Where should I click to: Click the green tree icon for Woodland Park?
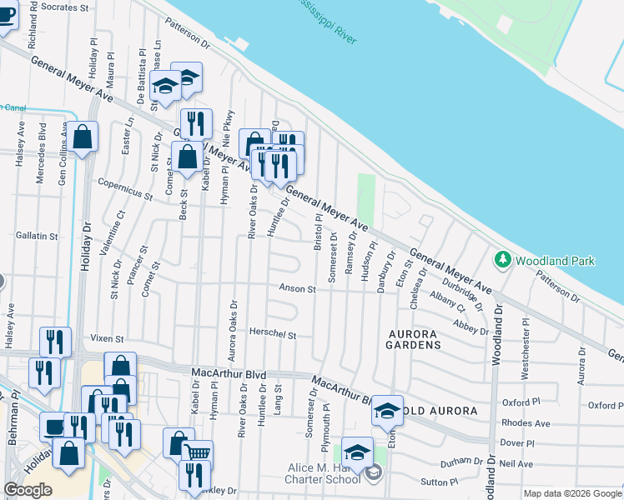coord(502,260)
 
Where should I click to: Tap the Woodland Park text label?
coord(555,261)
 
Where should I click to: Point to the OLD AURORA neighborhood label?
coord(443,412)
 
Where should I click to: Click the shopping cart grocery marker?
coord(198,454)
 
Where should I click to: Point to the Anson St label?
coord(298,289)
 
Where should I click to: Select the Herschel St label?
coord(273,334)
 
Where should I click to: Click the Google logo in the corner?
coord(28,490)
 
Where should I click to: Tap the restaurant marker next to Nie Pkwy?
coord(196,123)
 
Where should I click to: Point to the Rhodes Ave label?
coord(526,423)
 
